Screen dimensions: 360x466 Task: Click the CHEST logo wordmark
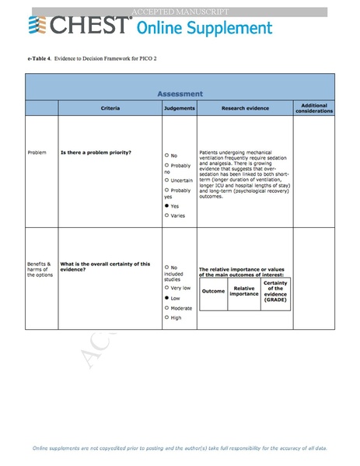pos(78,27)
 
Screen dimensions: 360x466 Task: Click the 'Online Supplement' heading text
pos(204,29)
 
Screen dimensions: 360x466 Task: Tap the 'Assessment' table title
pos(180,93)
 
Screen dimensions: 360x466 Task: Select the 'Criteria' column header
pos(110,107)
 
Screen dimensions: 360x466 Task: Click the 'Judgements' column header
pos(179,107)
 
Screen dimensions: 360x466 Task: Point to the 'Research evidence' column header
pos(245,107)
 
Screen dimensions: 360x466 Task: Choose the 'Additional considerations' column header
pos(313,107)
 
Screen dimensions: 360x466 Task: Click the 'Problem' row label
pos(37,152)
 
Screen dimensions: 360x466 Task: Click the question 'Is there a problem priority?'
pos(96,152)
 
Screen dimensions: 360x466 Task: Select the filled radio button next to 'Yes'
pos(166,205)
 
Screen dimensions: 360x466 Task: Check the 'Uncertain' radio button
pos(166,180)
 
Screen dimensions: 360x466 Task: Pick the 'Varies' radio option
pos(166,215)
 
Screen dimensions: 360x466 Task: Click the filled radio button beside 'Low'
pos(166,298)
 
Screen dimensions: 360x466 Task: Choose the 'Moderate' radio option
pos(166,308)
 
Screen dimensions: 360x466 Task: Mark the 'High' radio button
pos(166,317)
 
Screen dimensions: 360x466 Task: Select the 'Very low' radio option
pos(166,288)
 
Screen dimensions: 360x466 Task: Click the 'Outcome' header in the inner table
pos(213,291)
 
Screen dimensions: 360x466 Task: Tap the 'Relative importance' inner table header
pos(244,291)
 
